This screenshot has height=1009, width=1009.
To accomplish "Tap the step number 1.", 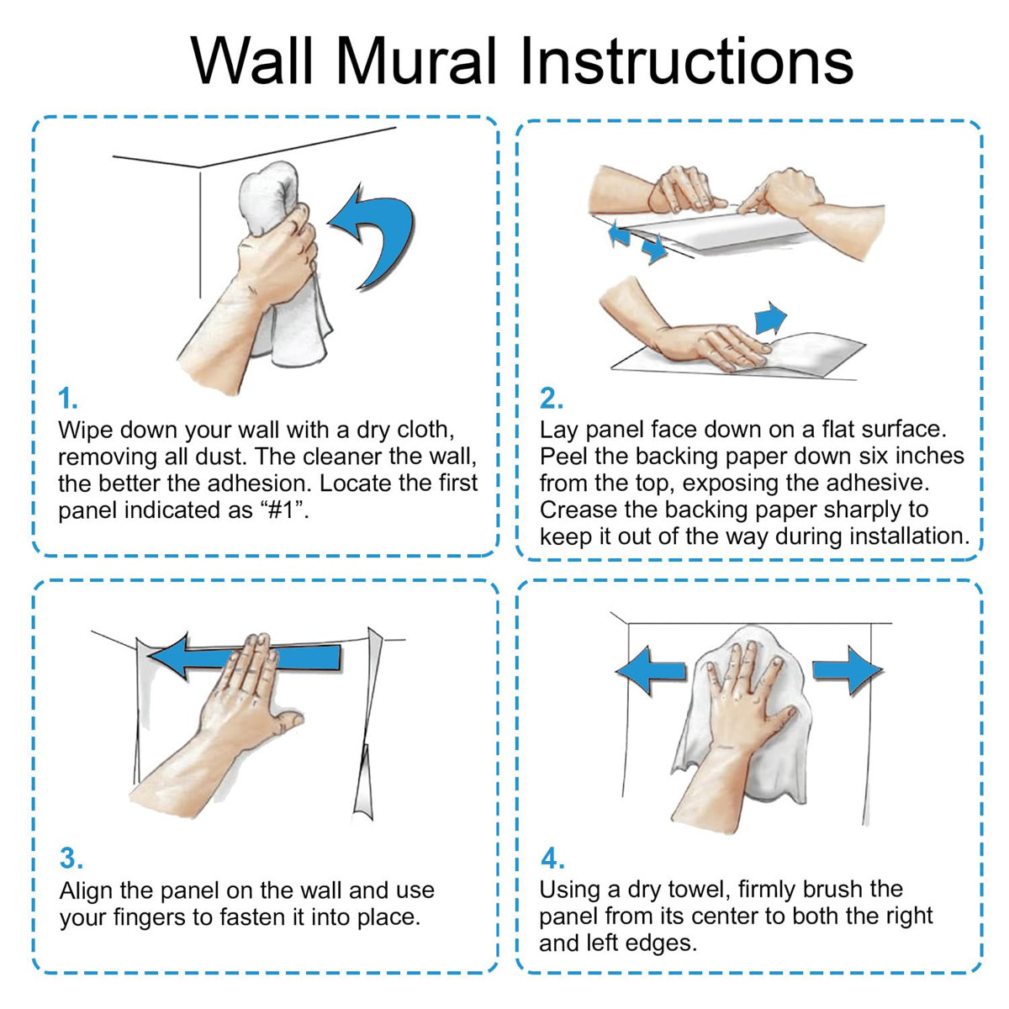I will pos(67,398).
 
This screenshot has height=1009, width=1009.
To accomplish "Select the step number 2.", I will pos(551,398).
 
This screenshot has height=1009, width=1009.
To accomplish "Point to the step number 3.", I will pos(71,858).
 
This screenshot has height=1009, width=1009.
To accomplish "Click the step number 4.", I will pos(552,858).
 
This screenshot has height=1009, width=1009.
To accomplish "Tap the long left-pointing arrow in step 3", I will pos(252,657).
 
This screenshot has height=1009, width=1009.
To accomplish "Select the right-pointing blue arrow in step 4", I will pos(846,669).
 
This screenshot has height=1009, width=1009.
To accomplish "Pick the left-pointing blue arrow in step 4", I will pos(652,670).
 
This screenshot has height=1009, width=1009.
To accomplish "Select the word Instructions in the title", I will pos(685,61).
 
